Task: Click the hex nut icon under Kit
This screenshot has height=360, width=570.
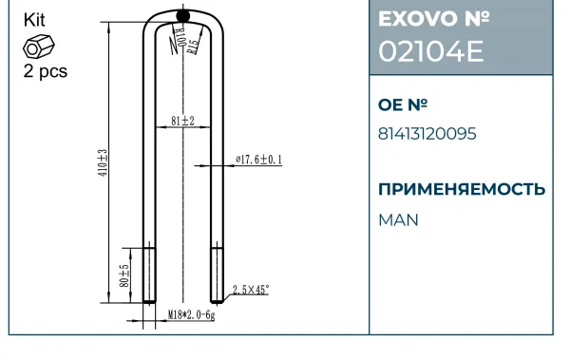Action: [39, 47]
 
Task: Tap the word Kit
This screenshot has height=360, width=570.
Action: [34, 20]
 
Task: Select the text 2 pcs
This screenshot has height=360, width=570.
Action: [46, 71]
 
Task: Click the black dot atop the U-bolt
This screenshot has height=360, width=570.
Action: [182, 15]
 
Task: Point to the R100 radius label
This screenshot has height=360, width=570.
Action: [179, 36]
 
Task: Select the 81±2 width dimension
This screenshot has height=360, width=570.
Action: [182, 121]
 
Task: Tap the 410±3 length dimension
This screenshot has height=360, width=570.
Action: [104, 162]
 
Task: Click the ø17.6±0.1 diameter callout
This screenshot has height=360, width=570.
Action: [258, 160]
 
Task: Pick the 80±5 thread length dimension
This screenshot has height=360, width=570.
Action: [124, 275]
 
